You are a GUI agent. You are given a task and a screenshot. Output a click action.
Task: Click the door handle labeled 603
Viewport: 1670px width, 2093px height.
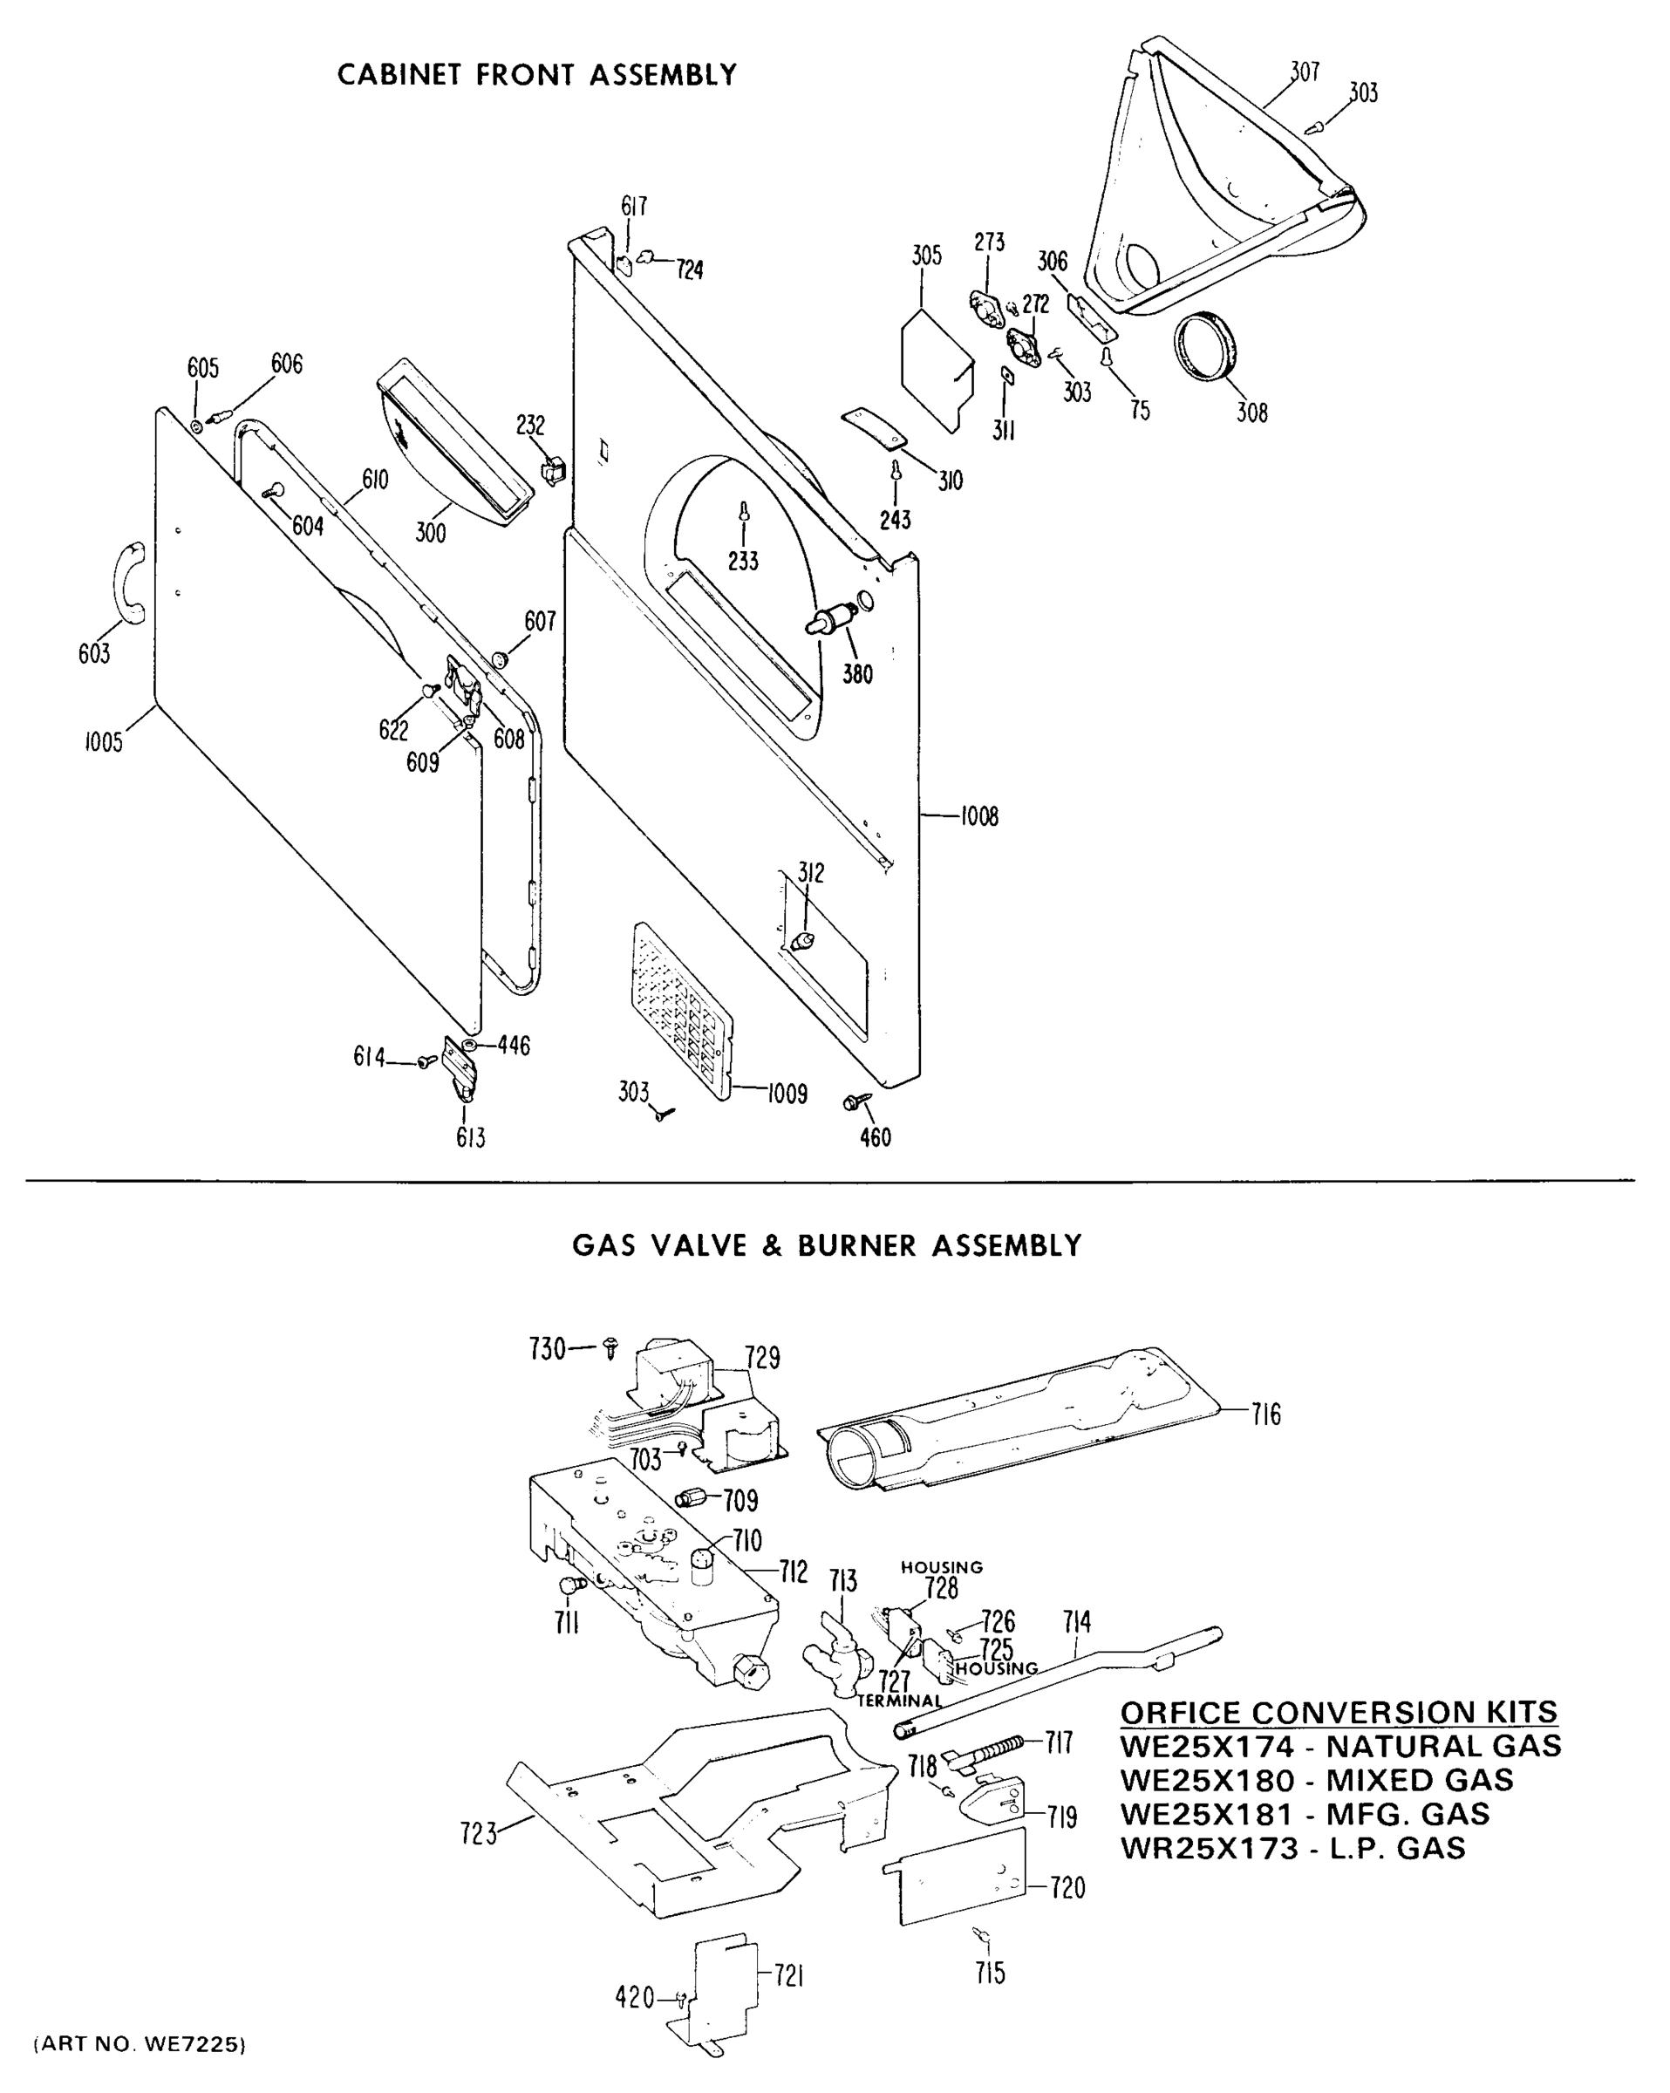129,583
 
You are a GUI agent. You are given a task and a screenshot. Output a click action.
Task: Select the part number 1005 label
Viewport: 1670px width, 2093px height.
103,744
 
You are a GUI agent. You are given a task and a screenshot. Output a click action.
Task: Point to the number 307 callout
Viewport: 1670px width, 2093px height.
1305,71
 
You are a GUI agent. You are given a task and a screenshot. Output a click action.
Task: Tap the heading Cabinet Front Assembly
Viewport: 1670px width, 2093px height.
537,75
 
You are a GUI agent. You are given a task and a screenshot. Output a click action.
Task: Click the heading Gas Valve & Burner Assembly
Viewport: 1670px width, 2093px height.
826,1245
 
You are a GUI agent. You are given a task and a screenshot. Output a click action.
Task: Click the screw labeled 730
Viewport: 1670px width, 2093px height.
610,1346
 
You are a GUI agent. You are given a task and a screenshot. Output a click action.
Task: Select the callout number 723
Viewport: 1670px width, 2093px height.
479,1834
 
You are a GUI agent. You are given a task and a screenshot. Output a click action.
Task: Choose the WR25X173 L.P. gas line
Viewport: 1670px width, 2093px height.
1292,1848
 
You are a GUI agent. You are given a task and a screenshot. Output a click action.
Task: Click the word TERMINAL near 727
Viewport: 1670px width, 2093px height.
899,1701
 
